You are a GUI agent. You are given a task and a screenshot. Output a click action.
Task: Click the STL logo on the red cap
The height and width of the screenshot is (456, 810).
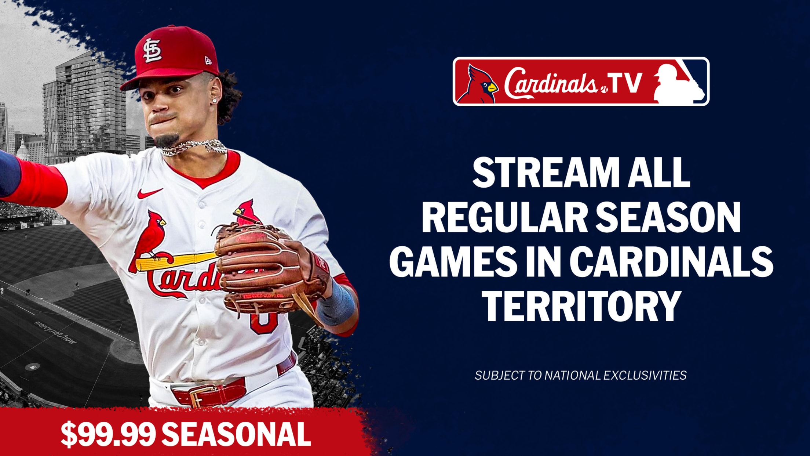152,50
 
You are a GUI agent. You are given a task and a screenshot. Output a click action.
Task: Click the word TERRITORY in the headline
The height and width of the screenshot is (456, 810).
581,306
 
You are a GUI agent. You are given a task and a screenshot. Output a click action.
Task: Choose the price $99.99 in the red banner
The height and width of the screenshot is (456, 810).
108,434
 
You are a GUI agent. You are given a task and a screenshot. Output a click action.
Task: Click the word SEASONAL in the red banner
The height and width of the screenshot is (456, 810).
236,434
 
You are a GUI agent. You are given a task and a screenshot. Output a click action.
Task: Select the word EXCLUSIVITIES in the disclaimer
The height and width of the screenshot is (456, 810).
645,375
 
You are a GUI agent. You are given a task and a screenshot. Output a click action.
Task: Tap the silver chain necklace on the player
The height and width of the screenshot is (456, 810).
194,147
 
